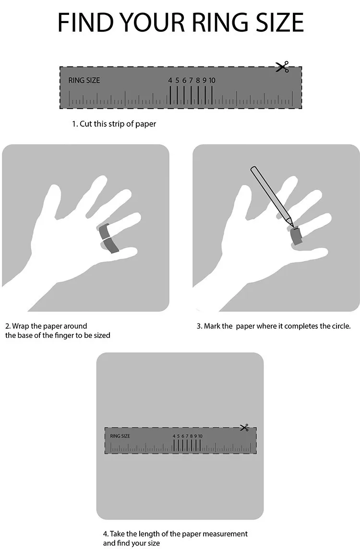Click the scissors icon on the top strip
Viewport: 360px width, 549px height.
pos(282,67)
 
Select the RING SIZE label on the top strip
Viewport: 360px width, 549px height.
pos(84,80)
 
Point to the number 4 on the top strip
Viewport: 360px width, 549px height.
pos(170,81)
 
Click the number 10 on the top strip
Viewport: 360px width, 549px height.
pos(212,81)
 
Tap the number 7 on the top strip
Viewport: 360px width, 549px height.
pos(191,81)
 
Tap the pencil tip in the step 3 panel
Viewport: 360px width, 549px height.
pos(291,224)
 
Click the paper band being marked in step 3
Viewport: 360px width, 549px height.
pos(297,236)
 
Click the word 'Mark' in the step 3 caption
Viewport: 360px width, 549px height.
pos(212,326)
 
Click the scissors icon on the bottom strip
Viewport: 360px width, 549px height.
pos(244,428)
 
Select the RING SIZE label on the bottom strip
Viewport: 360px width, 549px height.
pos(120,436)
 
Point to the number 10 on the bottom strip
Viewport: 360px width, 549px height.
pos(200,436)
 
